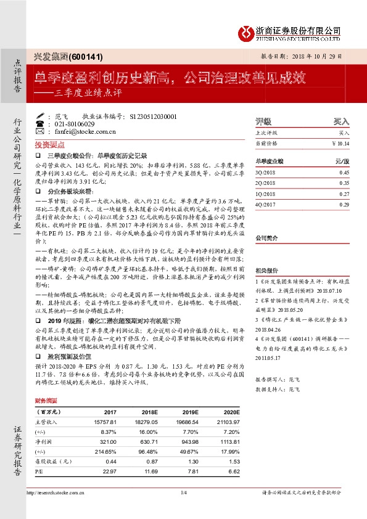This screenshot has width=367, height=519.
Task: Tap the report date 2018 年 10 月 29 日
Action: (x=326, y=55)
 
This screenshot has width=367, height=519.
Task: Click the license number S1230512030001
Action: (x=151, y=116)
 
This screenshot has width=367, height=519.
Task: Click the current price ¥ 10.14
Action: (x=340, y=142)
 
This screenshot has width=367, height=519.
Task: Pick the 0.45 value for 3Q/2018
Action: (x=344, y=173)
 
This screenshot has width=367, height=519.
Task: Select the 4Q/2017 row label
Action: (x=265, y=203)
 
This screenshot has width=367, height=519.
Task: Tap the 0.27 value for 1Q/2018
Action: (x=344, y=193)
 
